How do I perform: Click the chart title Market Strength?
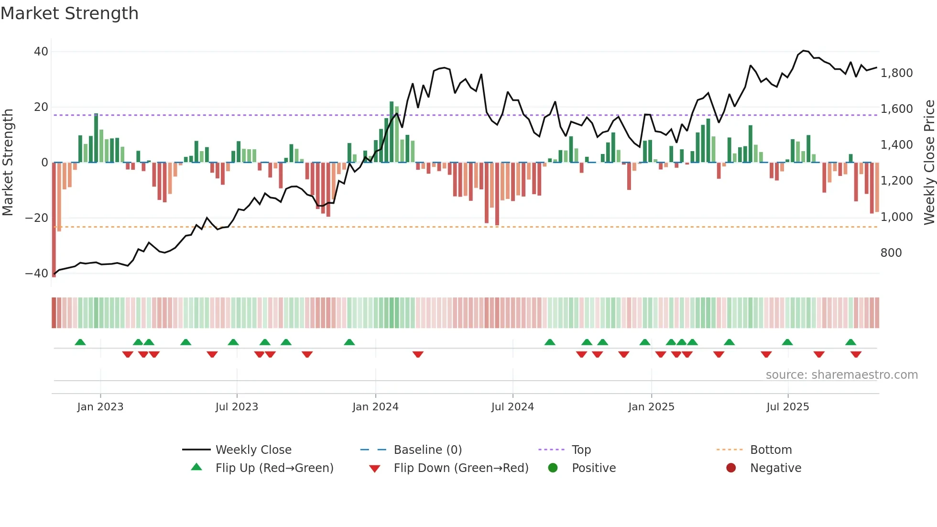click(69, 13)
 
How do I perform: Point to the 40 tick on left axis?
click(41, 52)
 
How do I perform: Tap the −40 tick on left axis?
click(37, 274)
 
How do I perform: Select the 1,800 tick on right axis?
click(896, 73)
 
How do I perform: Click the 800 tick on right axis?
click(891, 253)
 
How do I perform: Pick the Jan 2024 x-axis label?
click(375, 407)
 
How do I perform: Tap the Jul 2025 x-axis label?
click(787, 407)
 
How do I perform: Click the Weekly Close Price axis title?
click(929, 163)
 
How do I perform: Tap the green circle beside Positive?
click(553, 468)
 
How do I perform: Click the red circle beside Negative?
click(731, 468)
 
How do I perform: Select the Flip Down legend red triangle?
click(375, 469)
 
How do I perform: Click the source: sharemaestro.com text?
click(841, 375)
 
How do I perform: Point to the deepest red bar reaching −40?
click(54, 220)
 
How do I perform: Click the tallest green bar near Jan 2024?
click(392, 132)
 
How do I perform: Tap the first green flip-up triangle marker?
click(80, 342)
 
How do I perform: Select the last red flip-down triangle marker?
click(856, 354)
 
